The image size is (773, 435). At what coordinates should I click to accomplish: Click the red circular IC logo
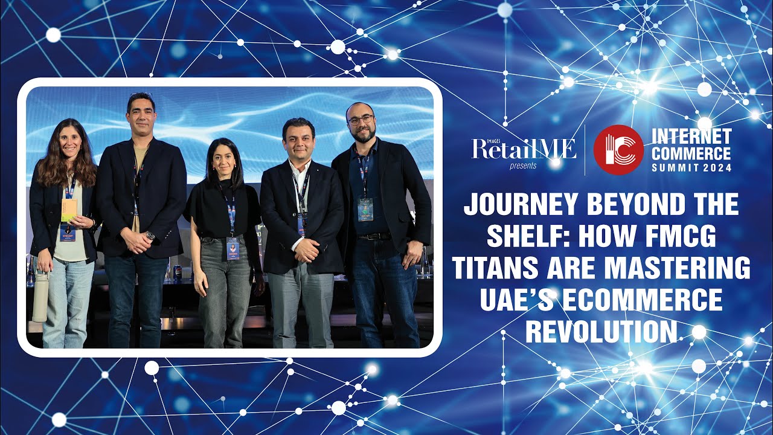[618, 150]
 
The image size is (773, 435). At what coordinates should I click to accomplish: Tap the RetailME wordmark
[524, 149]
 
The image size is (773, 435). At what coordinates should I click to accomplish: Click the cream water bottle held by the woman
[40, 296]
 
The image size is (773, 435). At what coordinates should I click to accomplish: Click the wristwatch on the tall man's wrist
[150, 235]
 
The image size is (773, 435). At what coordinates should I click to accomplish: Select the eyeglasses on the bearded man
[361, 120]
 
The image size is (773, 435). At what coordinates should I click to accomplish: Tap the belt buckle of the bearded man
[367, 236]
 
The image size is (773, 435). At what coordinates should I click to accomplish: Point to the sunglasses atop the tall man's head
[141, 96]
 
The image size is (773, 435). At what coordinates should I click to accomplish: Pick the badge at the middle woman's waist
[233, 248]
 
